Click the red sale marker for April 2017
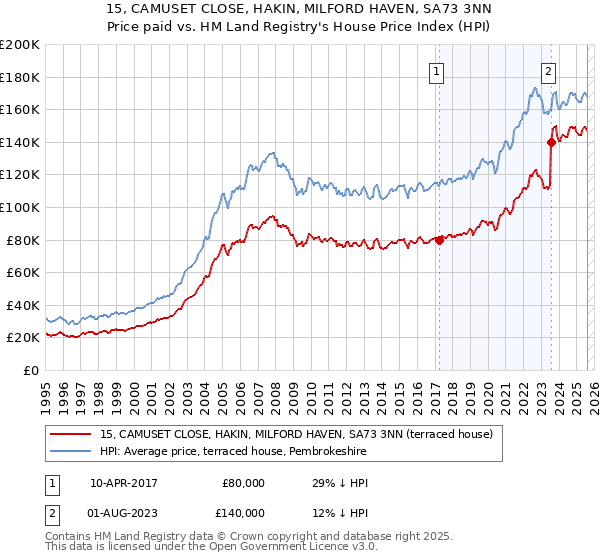(439, 240)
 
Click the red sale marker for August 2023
(551, 142)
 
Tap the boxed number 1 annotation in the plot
(438, 70)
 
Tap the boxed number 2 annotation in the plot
(549, 70)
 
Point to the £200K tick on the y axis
(20, 45)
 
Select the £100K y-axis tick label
(20, 207)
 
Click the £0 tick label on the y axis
(30, 370)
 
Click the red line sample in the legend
(73, 435)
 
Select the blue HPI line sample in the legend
(73, 452)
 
